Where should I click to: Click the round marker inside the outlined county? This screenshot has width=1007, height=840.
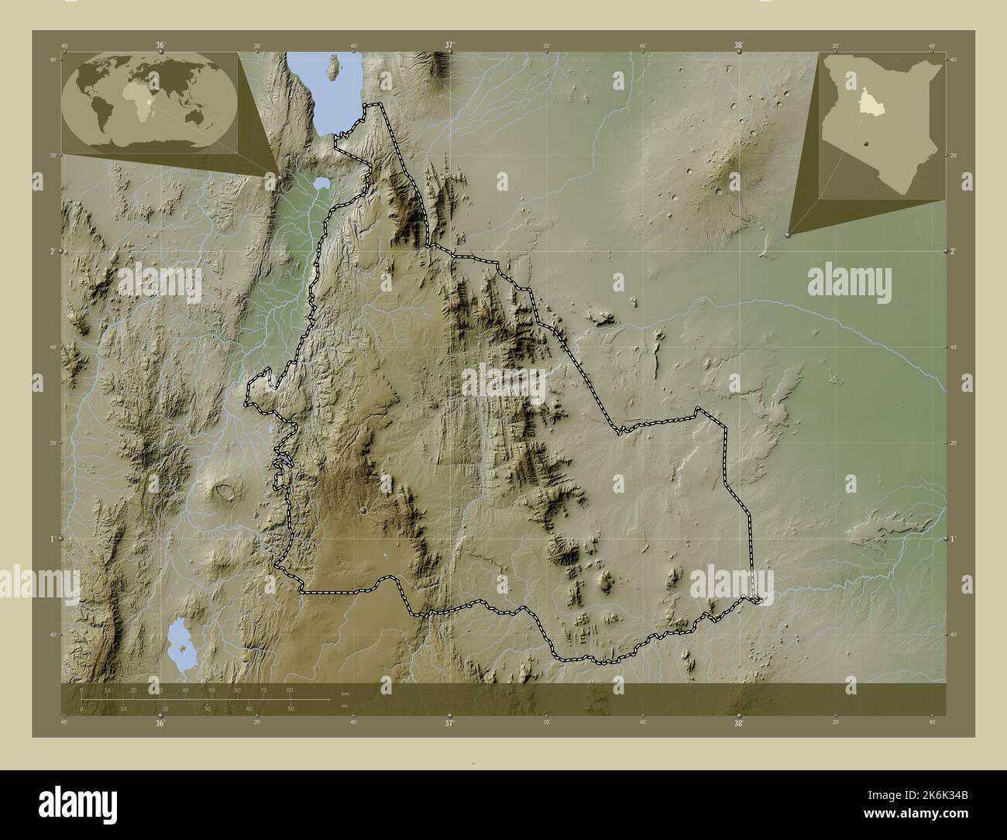[x=363, y=510]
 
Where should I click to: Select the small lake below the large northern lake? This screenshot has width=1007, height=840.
[x=321, y=184]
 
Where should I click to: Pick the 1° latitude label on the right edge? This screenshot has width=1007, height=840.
[x=952, y=539]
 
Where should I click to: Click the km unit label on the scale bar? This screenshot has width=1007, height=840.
[x=345, y=692]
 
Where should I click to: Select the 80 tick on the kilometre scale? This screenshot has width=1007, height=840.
[x=289, y=690]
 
